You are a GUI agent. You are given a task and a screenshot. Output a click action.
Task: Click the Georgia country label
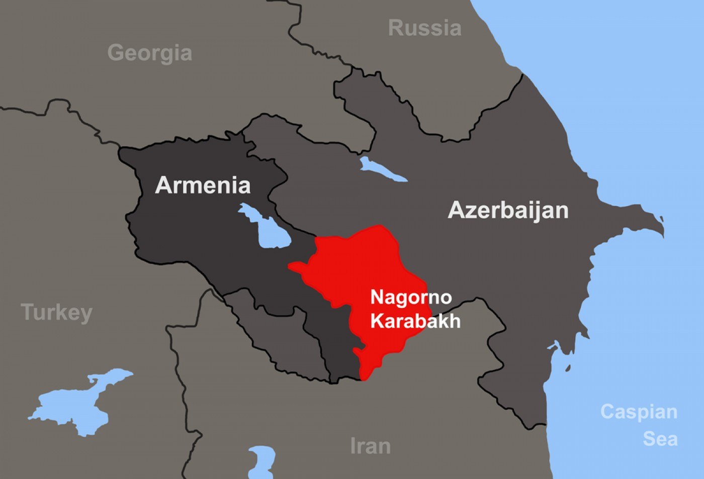149,53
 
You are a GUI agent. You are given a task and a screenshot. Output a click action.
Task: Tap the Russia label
424,28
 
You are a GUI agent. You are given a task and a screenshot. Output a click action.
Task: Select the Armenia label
203,185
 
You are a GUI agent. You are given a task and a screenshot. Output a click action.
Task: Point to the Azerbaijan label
508,210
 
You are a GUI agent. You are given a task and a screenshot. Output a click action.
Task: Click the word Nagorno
411,297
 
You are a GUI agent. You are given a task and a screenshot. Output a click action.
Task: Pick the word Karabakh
415,321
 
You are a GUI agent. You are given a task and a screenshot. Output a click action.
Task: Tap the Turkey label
56,313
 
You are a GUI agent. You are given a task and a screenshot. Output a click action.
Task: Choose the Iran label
370,446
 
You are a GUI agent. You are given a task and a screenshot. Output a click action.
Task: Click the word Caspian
639,412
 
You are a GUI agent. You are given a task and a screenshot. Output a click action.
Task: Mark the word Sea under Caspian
660,439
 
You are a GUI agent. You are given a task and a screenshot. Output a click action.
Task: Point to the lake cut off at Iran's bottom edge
261,462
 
